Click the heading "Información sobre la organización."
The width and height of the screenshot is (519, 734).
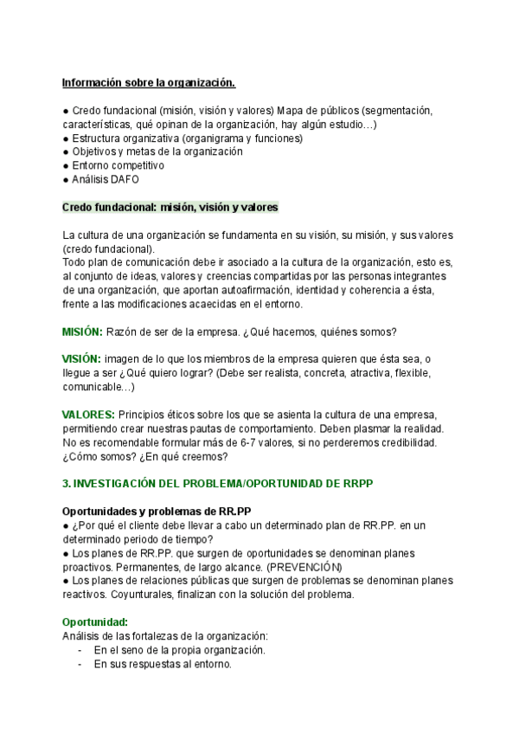point(148,83)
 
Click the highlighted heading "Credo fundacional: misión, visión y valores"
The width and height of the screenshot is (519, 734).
point(170,208)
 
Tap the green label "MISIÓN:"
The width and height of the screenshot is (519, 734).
point(82,332)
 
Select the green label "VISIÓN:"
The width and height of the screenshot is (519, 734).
point(81,358)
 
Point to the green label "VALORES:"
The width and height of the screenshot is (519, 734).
point(88,415)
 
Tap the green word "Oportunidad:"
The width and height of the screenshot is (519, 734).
point(94,621)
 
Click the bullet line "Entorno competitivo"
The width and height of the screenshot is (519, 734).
point(113,165)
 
